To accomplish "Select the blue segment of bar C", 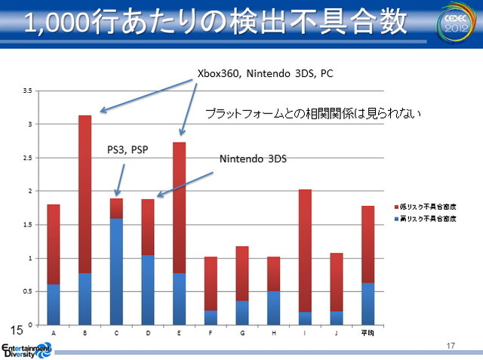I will pos(116,272).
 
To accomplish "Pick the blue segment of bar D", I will pos(148,290).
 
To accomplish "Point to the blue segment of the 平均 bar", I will pos(368,304).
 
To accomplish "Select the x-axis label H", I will pos(273,333).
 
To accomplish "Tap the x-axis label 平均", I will pos(368,333).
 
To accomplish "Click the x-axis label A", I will pos(53,333).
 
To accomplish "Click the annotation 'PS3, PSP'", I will pos(128,149).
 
